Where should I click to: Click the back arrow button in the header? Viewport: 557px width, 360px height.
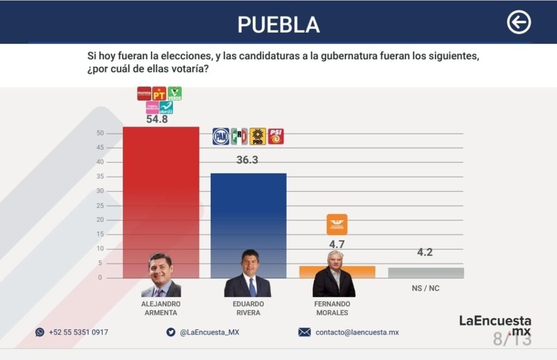click(518, 23)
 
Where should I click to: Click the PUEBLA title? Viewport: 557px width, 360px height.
click(278, 24)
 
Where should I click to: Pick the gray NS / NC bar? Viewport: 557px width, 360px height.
click(426, 272)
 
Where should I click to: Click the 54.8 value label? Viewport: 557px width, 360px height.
click(157, 120)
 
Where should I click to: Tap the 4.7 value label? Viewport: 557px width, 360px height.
click(337, 245)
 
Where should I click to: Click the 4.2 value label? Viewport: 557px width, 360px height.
click(425, 252)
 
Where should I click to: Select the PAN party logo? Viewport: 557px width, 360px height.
click(220, 136)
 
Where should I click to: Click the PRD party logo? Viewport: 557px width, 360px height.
click(258, 136)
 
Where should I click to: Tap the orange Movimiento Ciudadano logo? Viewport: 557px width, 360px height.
click(337, 224)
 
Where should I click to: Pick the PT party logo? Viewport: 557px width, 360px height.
click(159, 94)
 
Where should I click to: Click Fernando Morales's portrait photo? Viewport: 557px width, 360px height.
click(333, 275)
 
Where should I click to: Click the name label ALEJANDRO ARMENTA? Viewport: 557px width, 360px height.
click(160, 308)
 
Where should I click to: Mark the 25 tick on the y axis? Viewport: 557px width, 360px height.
click(100, 206)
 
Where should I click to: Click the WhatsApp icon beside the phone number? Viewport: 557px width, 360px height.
click(40, 332)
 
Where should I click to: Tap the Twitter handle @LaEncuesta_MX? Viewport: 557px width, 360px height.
click(209, 332)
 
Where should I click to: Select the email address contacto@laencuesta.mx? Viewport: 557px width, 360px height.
click(357, 332)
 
